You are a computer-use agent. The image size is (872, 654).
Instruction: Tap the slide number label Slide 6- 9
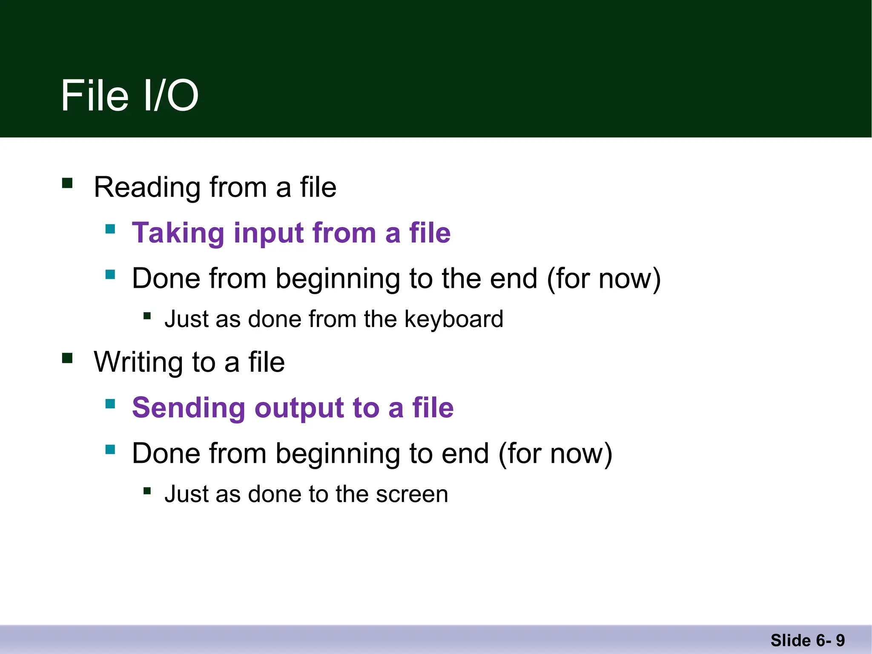click(x=807, y=640)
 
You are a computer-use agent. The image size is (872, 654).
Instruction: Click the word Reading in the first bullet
click(x=147, y=187)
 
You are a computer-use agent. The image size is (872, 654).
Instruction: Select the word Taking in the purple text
click(x=178, y=233)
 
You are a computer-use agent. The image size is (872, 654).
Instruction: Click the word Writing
click(x=138, y=362)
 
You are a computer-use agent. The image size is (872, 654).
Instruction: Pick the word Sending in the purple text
click(x=188, y=408)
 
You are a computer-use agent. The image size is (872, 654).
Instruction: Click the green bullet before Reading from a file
click(x=67, y=183)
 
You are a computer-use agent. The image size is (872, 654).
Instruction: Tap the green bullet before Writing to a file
click(x=67, y=358)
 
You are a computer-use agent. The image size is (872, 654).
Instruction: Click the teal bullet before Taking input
click(x=110, y=229)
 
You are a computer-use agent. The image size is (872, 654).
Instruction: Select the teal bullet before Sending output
click(x=110, y=404)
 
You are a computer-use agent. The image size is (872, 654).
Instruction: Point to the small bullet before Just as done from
click(x=147, y=316)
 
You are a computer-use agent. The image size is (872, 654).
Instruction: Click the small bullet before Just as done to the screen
click(x=147, y=491)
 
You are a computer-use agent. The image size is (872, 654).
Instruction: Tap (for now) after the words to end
click(x=555, y=454)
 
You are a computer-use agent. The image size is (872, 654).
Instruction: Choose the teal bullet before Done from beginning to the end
click(x=110, y=274)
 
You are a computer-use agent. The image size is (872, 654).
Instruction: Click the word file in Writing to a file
click(x=267, y=362)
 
